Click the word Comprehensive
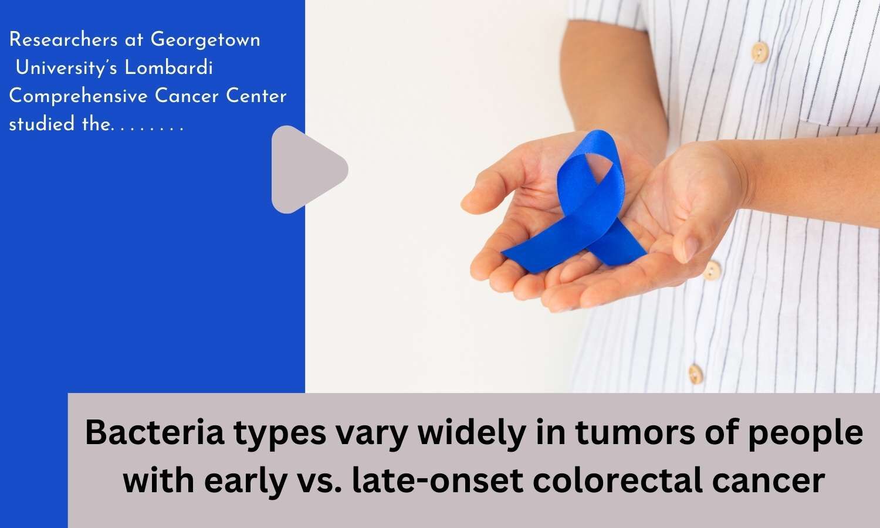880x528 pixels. [78, 96]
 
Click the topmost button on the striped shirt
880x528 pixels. [760, 50]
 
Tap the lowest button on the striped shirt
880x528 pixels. [695, 372]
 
